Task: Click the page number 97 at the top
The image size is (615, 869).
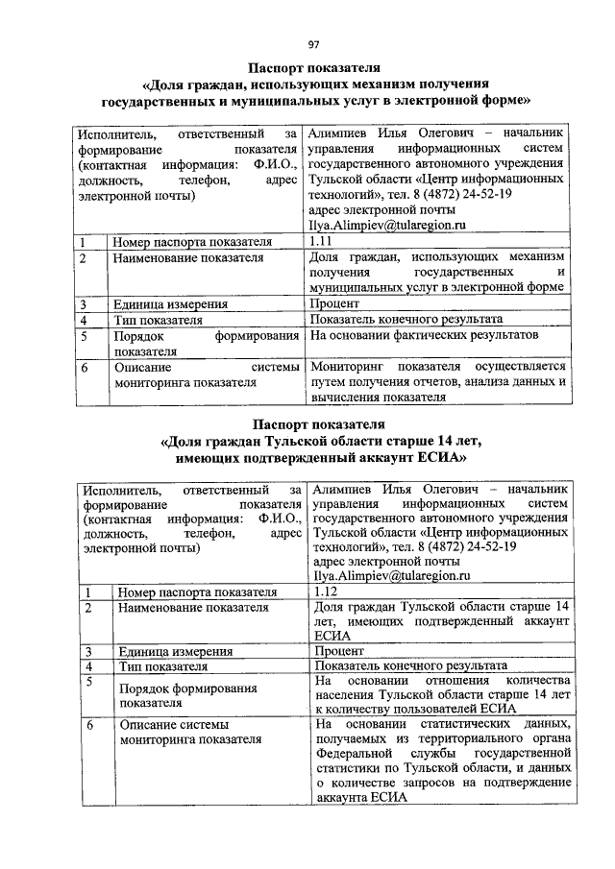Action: pos(313,43)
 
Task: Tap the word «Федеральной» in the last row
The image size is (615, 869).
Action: pos(354,755)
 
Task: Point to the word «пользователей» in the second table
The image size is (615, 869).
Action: pos(465,709)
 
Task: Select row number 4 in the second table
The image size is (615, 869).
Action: pos(87,665)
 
